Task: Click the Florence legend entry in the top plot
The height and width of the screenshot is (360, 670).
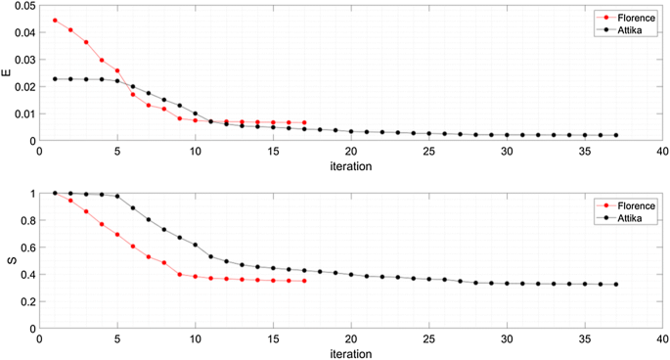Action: pyautogui.click(x=626, y=17)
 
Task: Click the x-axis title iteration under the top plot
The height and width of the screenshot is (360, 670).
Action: pyautogui.click(x=350, y=167)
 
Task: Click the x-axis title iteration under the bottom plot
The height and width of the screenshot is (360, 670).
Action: pyautogui.click(x=350, y=354)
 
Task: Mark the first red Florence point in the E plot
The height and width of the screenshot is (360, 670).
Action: pyautogui.click(x=55, y=21)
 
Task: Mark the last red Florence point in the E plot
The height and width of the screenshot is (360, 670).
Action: pyautogui.click(x=304, y=122)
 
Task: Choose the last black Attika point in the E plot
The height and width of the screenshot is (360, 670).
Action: pyautogui.click(x=616, y=135)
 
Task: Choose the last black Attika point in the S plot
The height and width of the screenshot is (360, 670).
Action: pyautogui.click(x=616, y=285)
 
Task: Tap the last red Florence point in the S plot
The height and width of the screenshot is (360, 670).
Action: pyautogui.click(x=304, y=281)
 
